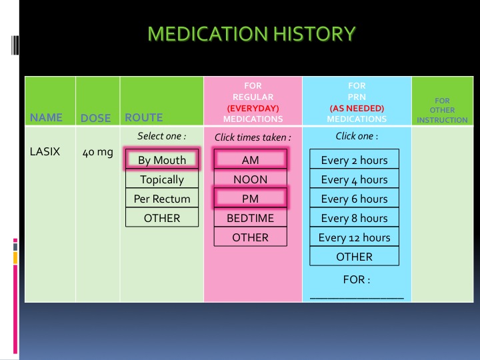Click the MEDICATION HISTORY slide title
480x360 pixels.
point(251,33)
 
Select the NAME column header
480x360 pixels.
point(46,117)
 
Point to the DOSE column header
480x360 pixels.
point(95,118)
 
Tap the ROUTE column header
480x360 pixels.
point(143,117)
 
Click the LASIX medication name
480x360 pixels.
point(45,151)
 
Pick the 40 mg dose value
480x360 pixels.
point(97,152)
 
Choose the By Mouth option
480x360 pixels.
point(162,159)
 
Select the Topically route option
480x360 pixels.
point(162,179)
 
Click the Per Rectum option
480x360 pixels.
point(162,199)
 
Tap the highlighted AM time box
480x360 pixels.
point(251,159)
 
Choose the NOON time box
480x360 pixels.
point(251,179)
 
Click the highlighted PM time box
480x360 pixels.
point(251,199)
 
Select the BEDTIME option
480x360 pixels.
point(251,218)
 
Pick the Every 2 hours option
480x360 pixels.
point(354,160)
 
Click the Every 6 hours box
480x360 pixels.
point(354,199)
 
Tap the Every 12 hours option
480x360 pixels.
point(354,237)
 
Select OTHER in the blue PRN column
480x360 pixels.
point(354,257)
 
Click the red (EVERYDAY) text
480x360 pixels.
point(253,108)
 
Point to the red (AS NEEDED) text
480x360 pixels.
point(357,108)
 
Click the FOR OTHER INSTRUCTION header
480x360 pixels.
point(442,110)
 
